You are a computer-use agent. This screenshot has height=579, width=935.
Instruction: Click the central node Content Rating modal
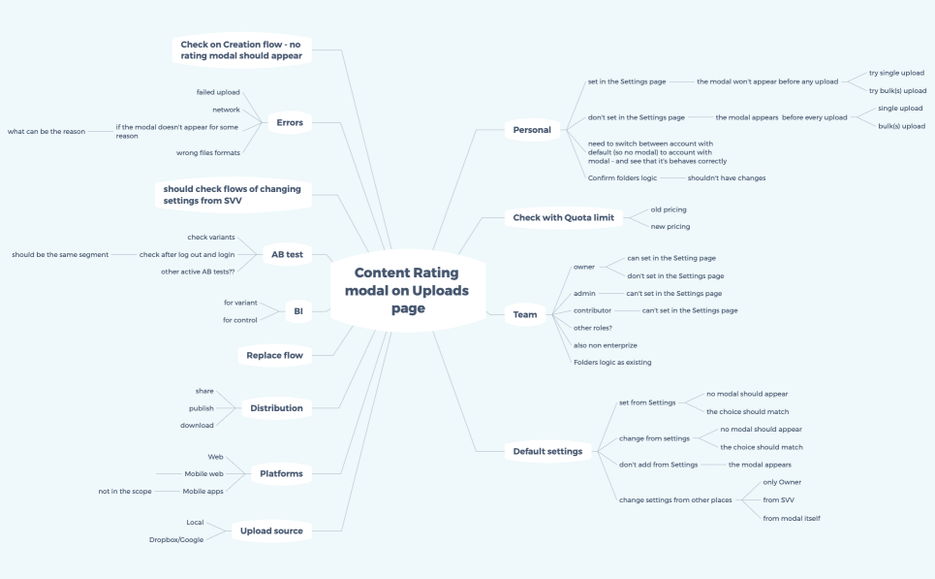407,290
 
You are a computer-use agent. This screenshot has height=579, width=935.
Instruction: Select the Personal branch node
531,129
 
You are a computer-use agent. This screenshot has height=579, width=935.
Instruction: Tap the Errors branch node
290,123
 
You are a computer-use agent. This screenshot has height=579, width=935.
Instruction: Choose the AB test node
287,255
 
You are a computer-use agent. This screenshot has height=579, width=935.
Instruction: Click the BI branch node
298,311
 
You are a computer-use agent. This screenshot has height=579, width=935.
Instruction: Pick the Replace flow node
275,355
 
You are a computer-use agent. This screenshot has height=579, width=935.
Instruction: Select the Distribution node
276,408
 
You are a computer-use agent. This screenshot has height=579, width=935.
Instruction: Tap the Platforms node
281,473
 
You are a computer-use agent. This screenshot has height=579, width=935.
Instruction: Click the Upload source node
271,531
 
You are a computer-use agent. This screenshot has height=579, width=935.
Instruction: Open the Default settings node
547,451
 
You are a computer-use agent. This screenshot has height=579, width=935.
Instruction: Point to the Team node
525,314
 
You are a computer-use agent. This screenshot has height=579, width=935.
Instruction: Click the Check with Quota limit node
564,217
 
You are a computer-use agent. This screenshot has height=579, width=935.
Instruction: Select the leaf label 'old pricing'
669,209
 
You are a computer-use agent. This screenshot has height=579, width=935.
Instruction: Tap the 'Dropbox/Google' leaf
176,539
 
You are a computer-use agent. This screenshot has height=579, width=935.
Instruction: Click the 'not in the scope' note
126,491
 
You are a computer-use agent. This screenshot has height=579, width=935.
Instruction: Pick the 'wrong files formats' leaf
208,152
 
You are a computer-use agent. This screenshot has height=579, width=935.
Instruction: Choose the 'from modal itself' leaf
793,518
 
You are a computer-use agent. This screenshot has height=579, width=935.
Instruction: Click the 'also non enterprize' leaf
606,344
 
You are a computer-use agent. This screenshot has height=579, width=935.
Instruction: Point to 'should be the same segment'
60,254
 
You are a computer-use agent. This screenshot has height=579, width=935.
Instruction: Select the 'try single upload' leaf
896,73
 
